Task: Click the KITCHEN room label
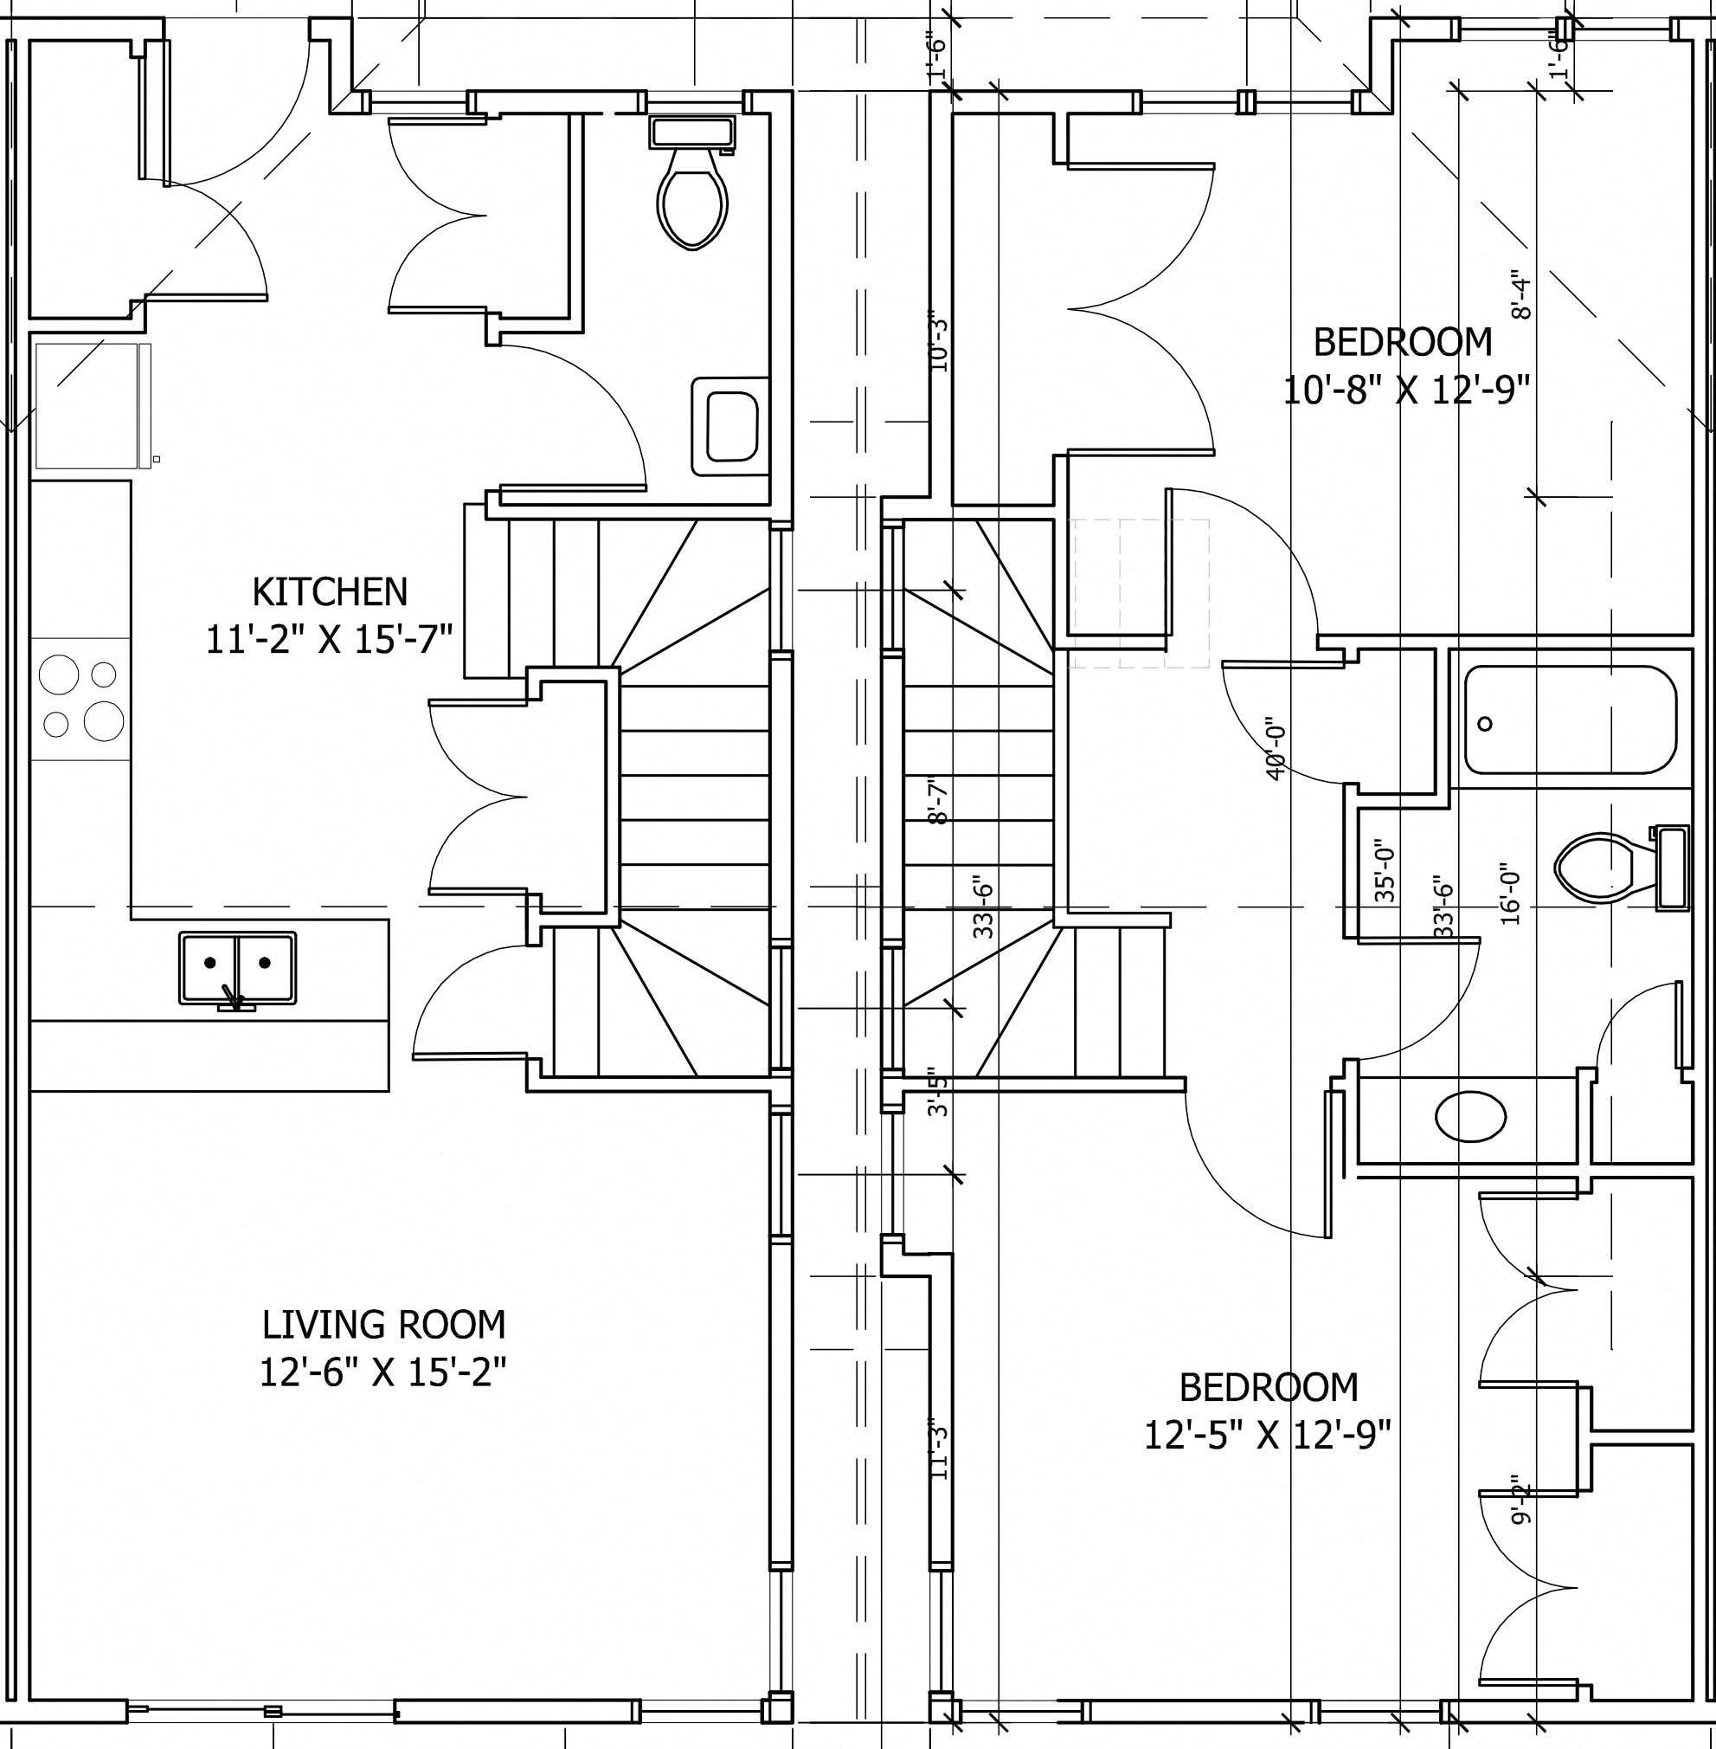pos(330,592)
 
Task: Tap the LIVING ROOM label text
pos(384,1325)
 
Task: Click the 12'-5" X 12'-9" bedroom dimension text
pos(1267,1435)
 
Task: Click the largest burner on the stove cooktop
pos(104,720)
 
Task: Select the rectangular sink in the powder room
pos(731,427)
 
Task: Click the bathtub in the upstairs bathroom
pos(1570,720)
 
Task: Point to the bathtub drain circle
pos(1485,723)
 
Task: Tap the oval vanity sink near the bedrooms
pos(1470,1117)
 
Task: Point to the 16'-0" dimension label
pos(1512,896)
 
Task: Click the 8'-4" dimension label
pos(1521,296)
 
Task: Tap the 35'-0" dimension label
pos(1385,874)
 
